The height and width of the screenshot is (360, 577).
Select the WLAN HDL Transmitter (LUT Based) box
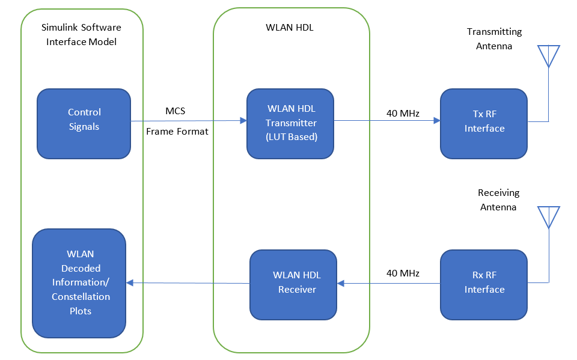pyautogui.click(x=290, y=123)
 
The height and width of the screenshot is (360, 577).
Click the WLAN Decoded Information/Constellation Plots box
pyautogui.click(x=79, y=283)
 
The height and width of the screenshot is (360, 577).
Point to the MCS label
pyautogui.click(x=176, y=112)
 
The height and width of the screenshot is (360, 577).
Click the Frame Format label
pyautogui.click(x=177, y=131)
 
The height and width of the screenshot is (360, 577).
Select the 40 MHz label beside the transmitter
pyautogui.click(x=403, y=112)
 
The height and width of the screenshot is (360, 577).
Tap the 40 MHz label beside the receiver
pyautogui.click(x=403, y=273)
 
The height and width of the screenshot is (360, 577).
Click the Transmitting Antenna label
pyautogui.click(x=494, y=38)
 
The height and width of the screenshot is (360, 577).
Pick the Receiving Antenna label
pyautogui.click(x=498, y=200)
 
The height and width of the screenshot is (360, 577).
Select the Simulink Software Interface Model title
pyautogui.click(x=81, y=35)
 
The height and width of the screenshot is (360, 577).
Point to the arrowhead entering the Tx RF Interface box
pyautogui.click(x=436, y=121)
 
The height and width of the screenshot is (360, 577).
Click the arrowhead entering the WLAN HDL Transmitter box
pyautogui.click(x=243, y=121)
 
